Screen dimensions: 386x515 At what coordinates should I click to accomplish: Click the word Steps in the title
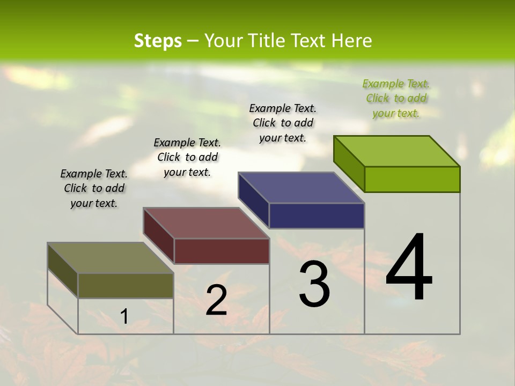click(x=158, y=41)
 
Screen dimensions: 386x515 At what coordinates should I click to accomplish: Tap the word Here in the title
click(x=352, y=41)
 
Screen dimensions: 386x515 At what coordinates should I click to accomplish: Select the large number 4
click(x=409, y=268)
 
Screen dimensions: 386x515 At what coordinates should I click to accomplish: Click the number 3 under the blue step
click(x=314, y=284)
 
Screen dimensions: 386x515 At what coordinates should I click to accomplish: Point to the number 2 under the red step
click(x=216, y=300)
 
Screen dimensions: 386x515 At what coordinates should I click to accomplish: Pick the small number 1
click(x=124, y=317)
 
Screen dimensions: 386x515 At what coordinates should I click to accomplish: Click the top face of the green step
click(x=397, y=151)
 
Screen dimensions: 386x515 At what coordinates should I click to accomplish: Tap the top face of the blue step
click(x=301, y=188)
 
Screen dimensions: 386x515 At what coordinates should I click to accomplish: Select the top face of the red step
click(x=206, y=223)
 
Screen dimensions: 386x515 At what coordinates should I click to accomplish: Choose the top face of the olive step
click(x=111, y=258)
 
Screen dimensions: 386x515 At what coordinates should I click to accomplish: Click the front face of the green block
click(x=412, y=179)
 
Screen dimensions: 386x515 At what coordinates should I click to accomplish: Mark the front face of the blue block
click(x=317, y=216)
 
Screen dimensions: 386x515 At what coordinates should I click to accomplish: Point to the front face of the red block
click(x=222, y=251)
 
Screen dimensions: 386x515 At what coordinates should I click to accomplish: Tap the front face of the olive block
click(x=126, y=285)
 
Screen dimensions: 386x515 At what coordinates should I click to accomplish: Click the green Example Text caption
click(x=396, y=98)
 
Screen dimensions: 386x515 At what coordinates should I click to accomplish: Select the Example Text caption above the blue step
click(x=283, y=123)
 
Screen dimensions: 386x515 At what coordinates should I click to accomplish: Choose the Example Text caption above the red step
click(x=187, y=157)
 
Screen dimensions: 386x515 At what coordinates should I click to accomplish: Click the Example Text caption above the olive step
click(x=94, y=188)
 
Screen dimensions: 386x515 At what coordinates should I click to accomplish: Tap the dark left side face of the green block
click(x=349, y=164)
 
